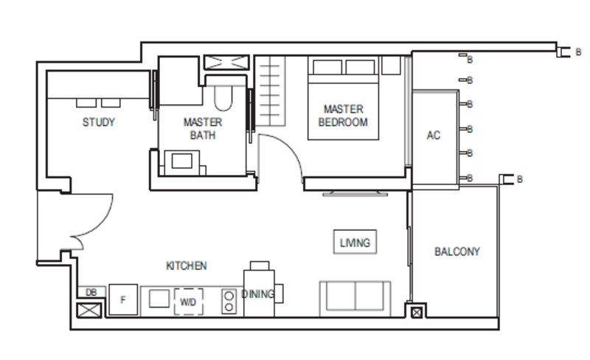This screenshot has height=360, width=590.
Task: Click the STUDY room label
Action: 99,122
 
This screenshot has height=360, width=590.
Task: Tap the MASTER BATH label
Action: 203,128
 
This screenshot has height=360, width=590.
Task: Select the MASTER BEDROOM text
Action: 343,116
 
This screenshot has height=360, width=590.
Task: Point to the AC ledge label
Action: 434,135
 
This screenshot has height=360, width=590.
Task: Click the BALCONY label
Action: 457,251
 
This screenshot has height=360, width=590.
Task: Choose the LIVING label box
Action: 355,242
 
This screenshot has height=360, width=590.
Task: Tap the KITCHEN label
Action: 187,266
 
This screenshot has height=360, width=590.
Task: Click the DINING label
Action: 257,294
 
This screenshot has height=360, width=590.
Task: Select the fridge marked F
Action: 123,300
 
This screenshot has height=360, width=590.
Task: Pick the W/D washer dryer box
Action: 188,302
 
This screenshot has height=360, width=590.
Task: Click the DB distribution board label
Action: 91,292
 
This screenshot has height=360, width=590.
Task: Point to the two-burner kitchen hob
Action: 229,301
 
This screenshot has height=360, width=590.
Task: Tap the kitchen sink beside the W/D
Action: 159,299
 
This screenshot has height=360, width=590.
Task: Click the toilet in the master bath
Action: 223,98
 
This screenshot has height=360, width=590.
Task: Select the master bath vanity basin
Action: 182,162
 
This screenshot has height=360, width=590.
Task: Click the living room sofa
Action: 355,298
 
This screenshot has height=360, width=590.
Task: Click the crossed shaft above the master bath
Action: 226,63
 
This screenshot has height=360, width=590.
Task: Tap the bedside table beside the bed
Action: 391,65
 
